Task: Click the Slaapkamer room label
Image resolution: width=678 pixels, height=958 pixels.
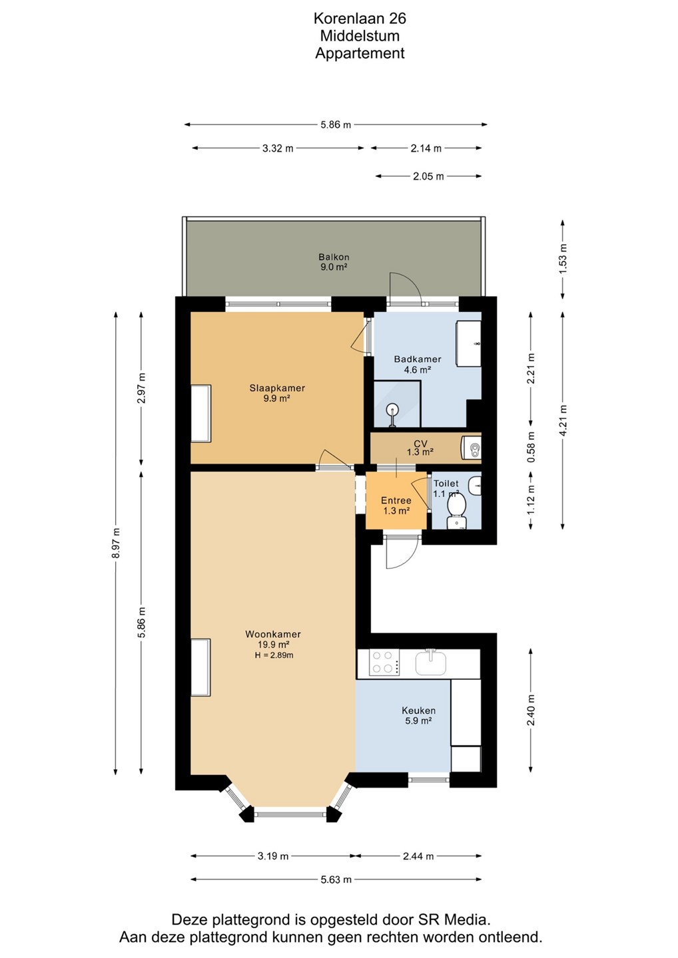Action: point(277,388)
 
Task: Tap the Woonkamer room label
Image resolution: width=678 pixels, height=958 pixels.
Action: point(272,634)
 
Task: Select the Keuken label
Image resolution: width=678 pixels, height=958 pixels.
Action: point(418,711)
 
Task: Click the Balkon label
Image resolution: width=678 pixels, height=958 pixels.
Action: point(334,257)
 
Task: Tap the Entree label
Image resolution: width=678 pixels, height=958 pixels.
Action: point(396,500)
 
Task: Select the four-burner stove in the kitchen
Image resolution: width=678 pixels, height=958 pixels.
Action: point(384,663)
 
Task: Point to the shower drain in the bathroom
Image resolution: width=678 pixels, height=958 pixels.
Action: point(392,411)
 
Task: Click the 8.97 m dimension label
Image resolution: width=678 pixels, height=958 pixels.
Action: point(116,543)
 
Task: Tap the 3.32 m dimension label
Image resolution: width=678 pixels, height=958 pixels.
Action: point(278,148)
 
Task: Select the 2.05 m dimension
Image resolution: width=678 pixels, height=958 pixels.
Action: point(428,176)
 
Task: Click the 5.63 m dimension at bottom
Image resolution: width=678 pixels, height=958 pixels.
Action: point(336,879)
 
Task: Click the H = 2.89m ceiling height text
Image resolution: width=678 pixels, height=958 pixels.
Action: point(274,655)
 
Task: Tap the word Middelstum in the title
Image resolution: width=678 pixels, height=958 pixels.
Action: point(360,36)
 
